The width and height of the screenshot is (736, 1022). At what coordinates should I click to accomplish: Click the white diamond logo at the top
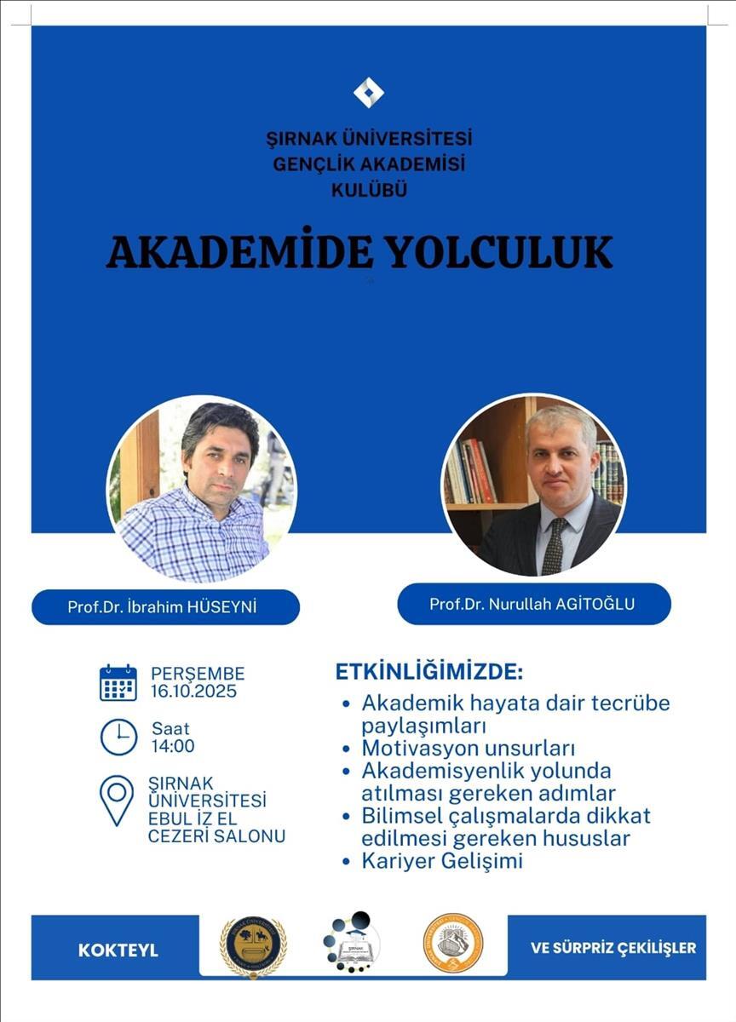(368, 92)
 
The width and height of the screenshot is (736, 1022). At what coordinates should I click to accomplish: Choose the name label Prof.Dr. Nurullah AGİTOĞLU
(532, 604)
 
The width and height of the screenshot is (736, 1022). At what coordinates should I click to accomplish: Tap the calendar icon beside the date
(118, 683)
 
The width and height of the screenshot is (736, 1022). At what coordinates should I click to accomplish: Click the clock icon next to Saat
(118, 737)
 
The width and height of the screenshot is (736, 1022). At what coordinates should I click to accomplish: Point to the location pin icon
(117, 799)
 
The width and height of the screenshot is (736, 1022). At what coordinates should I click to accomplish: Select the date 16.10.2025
(194, 692)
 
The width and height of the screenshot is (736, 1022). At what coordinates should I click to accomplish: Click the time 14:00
(173, 747)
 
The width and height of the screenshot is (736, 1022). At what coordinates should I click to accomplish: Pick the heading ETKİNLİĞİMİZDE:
(428, 671)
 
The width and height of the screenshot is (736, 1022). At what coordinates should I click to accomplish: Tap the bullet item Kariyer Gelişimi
(441, 861)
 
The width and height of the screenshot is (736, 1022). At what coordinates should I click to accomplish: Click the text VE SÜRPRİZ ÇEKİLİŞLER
(613, 948)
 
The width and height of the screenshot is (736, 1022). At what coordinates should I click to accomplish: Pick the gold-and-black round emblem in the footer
(253, 945)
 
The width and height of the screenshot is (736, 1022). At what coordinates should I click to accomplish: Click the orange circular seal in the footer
(453, 943)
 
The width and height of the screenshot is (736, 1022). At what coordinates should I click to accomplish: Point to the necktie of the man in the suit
(554, 544)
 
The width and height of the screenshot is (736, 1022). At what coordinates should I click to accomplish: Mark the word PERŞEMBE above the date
(198, 674)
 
